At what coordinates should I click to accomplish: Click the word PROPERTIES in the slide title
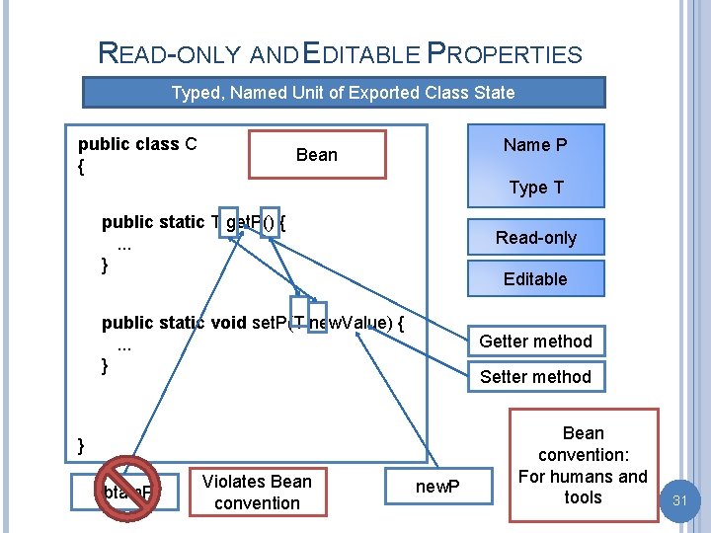click(x=505, y=53)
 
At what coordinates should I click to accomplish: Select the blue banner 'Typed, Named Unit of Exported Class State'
click(x=343, y=93)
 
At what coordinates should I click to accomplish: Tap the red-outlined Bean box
click(x=317, y=154)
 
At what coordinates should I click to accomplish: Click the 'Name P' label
click(x=535, y=145)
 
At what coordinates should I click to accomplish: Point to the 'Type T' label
click(x=535, y=188)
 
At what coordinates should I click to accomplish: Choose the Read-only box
click(x=535, y=238)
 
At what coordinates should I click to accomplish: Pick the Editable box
click(x=535, y=279)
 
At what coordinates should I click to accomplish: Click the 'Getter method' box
click(x=535, y=342)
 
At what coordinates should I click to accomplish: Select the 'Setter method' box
click(x=535, y=376)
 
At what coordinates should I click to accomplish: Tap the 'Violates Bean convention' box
click(x=257, y=492)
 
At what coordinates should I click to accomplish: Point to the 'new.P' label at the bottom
click(x=437, y=486)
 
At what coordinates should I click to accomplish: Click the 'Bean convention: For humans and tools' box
click(x=583, y=465)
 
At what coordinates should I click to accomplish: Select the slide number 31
click(x=679, y=501)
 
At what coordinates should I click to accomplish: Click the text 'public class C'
click(x=137, y=144)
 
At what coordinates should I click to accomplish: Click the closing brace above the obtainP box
click(x=82, y=445)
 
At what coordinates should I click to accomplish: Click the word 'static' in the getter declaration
click(x=180, y=222)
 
